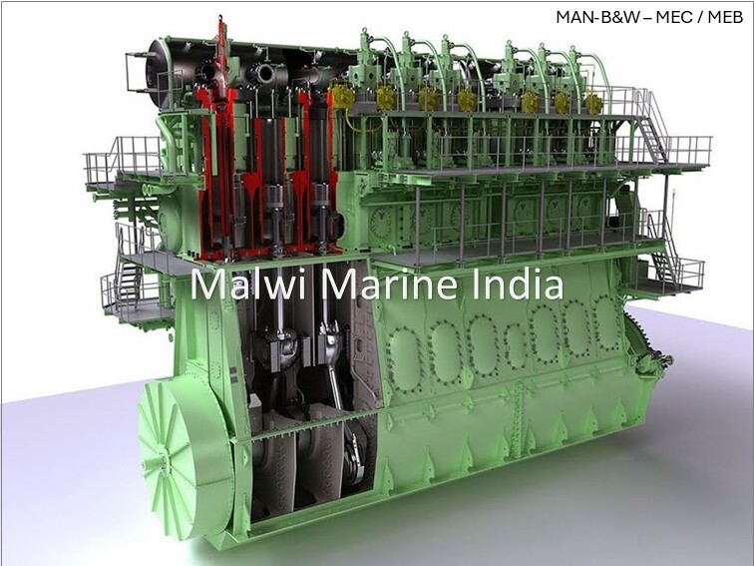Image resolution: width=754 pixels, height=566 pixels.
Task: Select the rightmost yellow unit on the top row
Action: pyautogui.click(x=593, y=104)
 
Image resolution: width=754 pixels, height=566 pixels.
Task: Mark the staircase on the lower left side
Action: pyautogui.click(x=127, y=274)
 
